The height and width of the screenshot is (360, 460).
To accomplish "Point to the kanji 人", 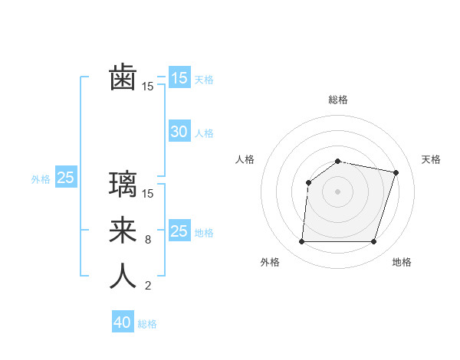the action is [x=123, y=276].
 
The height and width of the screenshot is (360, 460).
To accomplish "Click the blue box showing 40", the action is [x=123, y=322].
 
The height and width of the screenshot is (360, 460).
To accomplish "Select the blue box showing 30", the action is [x=179, y=132].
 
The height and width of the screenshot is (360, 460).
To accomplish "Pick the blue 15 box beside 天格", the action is [x=179, y=77].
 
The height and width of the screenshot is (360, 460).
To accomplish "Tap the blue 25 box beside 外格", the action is [x=65, y=178].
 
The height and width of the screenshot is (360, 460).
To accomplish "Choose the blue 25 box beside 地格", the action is [x=179, y=231].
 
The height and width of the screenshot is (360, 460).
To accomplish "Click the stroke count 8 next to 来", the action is [x=147, y=240].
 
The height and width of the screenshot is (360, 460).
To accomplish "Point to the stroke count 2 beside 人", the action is [x=147, y=286].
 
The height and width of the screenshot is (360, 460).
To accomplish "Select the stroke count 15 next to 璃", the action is [x=148, y=194].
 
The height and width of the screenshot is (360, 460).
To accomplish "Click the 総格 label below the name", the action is [x=147, y=324].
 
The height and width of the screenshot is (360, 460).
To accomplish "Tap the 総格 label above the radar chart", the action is [x=338, y=100].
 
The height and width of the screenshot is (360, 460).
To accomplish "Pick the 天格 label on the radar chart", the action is [x=431, y=159].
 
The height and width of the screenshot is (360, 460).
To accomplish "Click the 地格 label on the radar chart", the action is [x=402, y=262].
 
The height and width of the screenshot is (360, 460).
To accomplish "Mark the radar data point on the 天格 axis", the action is [x=396, y=172].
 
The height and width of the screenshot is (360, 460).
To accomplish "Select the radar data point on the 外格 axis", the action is [x=302, y=242].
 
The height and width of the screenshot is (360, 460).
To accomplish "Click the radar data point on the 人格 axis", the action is [x=308, y=182].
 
